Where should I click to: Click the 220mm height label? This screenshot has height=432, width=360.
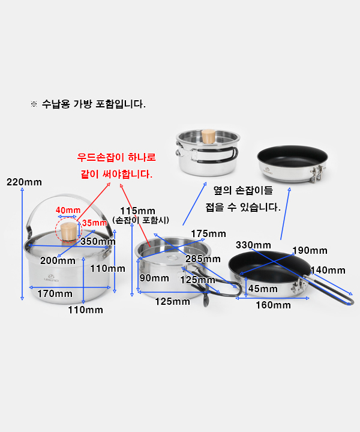[x=24, y=182]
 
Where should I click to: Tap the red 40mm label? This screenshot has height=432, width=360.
[x=68, y=210]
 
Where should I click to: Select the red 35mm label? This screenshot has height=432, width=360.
[x=94, y=223]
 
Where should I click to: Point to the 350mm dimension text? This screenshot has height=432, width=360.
[x=98, y=241]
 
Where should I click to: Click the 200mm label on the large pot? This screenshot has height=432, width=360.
[x=58, y=260]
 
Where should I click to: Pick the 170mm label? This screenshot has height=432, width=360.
[x=55, y=293]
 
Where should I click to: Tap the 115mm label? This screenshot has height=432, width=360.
[x=138, y=211]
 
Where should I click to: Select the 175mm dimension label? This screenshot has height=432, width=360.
[x=209, y=233]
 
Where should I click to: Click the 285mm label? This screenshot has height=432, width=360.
[x=203, y=259]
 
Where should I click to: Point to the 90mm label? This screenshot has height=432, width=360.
[x=154, y=278]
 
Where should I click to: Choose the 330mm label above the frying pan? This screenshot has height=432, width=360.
[x=253, y=245]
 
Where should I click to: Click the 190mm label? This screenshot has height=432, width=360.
[x=310, y=250]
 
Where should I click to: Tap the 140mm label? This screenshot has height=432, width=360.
[x=328, y=270]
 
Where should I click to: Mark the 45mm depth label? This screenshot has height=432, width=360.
[x=263, y=289]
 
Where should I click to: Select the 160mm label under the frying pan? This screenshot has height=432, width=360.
[x=273, y=305]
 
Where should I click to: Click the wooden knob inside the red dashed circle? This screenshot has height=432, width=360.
[x=68, y=232]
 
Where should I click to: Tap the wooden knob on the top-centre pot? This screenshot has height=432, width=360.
[x=209, y=136]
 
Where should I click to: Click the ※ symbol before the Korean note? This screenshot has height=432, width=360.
[x=34, y=104]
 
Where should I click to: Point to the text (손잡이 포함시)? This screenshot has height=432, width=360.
[x=141, y=220]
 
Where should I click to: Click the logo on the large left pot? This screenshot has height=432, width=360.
[x=51, y=278]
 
